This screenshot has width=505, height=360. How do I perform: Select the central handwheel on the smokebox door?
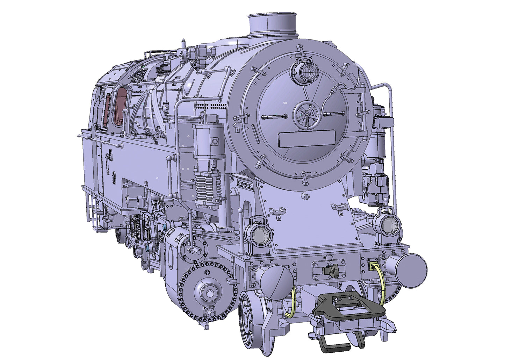[x=306, y=113]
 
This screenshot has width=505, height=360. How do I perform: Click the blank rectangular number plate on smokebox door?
[x=306, y=138]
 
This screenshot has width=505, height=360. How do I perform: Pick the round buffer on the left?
[x=276, y=282]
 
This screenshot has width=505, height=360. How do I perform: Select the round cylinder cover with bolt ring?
[x=206, y=290]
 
